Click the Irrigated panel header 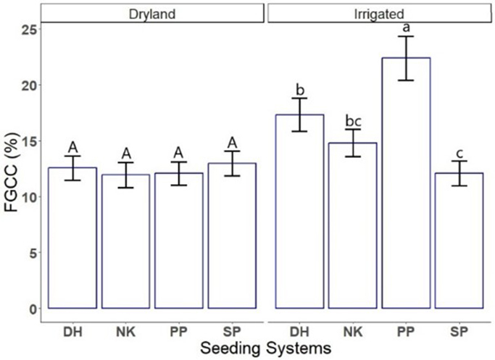(379, 12)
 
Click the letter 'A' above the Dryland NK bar (126, 153)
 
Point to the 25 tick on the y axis (28, 30)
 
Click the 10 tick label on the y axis (28, 197)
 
